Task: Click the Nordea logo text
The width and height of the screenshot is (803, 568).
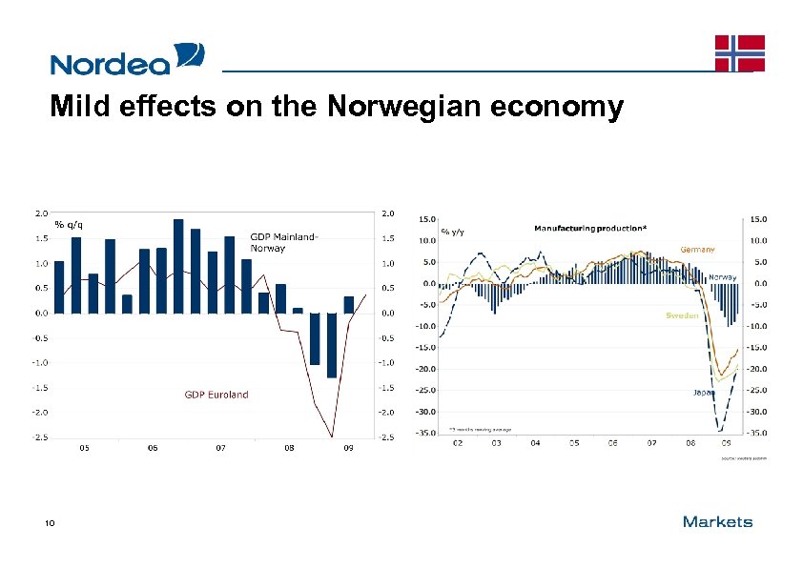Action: coord(110,64)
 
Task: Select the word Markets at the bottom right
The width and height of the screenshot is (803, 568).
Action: coord(717,521)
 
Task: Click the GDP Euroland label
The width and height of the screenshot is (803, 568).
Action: coord(216,395)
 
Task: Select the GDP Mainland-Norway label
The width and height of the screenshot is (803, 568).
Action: coord(283,242)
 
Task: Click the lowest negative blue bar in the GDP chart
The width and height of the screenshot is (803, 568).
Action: coord(332,345)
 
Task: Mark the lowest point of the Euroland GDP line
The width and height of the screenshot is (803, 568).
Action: coord(332,436)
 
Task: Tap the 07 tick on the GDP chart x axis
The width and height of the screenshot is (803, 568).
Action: coord(220,447)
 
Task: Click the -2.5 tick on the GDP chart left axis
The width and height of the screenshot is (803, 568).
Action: coord(42,437)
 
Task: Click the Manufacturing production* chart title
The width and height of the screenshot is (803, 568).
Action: coord(589,228)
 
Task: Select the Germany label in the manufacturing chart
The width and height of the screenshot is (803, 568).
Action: coord(697,249)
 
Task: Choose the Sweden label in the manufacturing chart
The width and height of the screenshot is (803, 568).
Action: coord(681,314)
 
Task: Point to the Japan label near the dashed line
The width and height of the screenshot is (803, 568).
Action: coord(703,392)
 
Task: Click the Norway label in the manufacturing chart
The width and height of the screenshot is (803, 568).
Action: coord(722,276)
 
